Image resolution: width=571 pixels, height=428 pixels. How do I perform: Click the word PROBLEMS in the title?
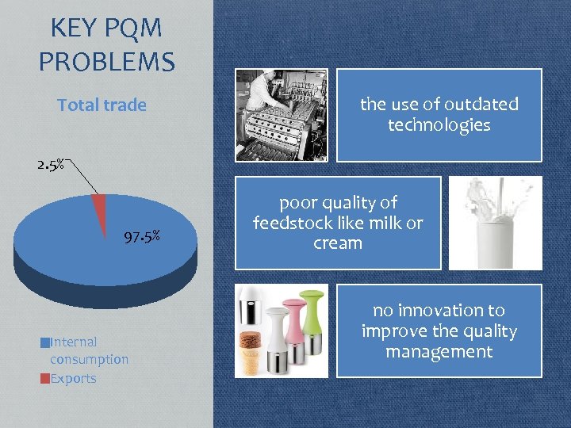[x=107, y=61]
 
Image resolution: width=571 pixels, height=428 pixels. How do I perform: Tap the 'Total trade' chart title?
[x=102, y=105]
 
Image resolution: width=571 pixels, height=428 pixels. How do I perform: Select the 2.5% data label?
[x=50, y=166]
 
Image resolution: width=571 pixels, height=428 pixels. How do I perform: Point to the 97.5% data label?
[x=143, y=235]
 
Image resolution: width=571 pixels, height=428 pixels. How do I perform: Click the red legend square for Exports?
[x=44, y=378]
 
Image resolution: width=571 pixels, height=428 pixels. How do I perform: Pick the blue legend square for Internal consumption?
[x=44, y=342]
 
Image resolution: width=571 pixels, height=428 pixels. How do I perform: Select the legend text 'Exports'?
[x=73, y=378]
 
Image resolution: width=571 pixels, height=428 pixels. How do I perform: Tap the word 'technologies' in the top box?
[x=439, y=125]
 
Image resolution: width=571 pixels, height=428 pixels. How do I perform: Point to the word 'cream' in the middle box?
[x=338, y=243]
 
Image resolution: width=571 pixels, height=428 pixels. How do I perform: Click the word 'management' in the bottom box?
[x=439, y=352]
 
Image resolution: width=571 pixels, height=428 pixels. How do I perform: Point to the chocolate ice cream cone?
[x=252, y=349]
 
